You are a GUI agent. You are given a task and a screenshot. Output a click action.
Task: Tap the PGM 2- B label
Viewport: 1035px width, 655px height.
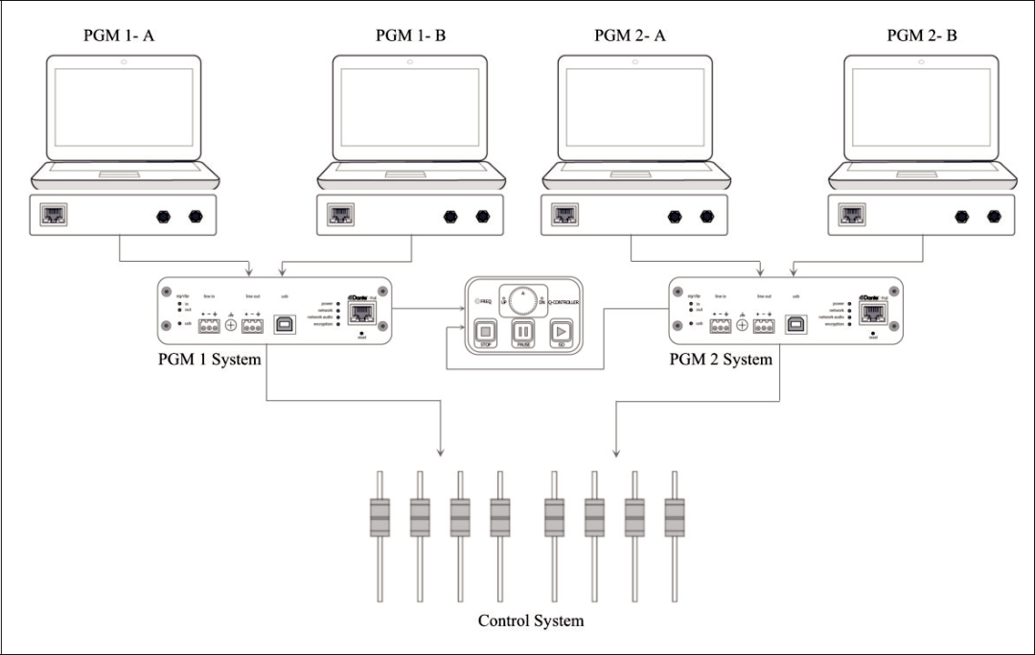point(922,36)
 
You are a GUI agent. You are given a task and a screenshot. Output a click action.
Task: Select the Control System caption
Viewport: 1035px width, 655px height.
point(531,620)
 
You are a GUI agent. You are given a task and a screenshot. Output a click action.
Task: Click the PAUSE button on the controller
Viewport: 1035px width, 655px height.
point(523,334)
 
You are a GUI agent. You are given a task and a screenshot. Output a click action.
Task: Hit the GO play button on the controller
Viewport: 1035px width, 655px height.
point(562,334)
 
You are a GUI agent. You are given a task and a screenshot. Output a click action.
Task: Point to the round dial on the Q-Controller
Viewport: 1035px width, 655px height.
point(522,300)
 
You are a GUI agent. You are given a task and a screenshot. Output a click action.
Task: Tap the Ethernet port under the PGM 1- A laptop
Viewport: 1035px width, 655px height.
point(53,215)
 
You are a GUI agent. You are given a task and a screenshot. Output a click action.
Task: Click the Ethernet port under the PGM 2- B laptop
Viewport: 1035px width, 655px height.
point(850,215)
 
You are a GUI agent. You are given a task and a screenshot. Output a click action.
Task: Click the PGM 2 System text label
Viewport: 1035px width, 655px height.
point(721,361)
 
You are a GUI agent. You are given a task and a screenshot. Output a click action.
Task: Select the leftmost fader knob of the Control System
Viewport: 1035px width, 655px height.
point(379,519)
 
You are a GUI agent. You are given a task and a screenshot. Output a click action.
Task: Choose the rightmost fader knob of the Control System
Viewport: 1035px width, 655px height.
point(673,519)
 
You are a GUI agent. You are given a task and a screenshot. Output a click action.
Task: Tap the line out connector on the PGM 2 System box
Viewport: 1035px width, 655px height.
point(764,326)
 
